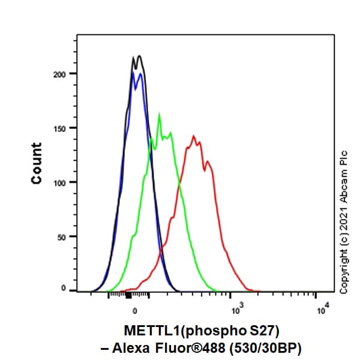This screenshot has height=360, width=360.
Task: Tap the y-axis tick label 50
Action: pyautogui.click(x=59, y=236)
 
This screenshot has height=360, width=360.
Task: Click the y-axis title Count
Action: pyautogui.click(x=37, y=163)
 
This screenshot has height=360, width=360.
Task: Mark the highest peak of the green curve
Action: pyautogui.click(x=159, y=114)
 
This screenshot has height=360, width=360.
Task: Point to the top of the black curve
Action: pyautogui.click(x=139, y=56)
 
